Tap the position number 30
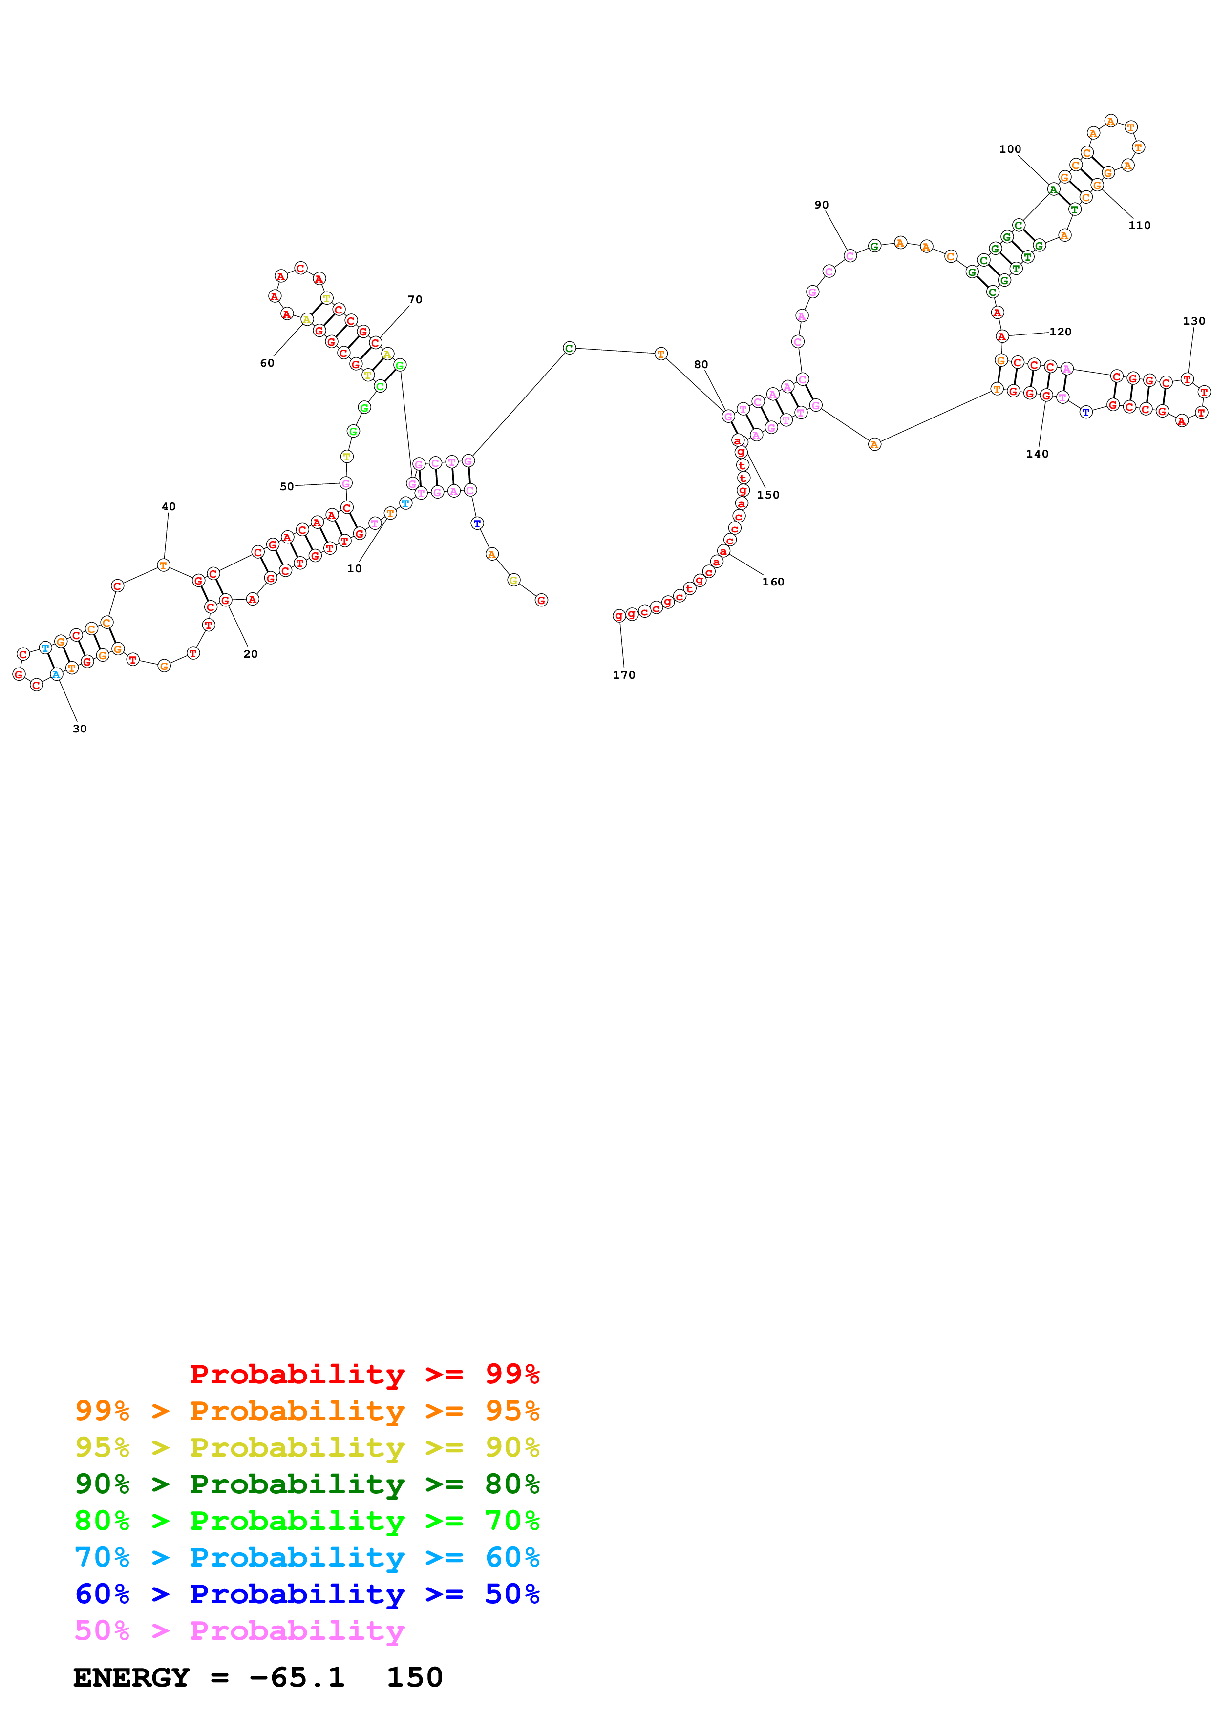(80, 729)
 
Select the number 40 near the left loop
(169, 506)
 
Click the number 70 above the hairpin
(415, 299)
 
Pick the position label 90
(822, 205)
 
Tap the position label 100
(1010, 149)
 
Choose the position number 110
(1139, 225)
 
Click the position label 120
(1060, 332)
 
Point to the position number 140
(1037, 454)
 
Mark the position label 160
(773, 582)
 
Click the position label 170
(624, 675)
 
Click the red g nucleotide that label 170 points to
(618, 615)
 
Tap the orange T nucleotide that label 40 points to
(164, 565)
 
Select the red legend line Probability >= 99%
(364, 1374)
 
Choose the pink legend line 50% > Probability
(239, 1631)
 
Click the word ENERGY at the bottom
(131, 1677)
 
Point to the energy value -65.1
(297, 1677)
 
